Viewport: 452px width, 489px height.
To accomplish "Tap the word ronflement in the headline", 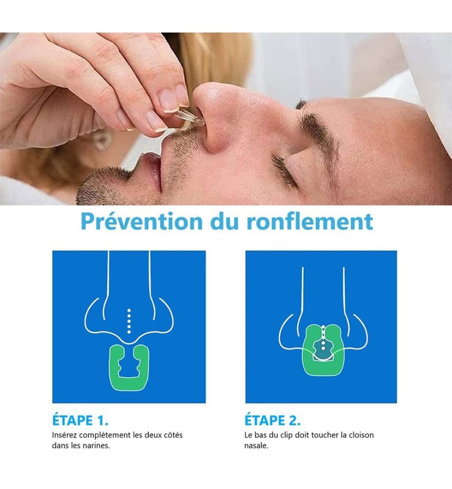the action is tap(310, 222).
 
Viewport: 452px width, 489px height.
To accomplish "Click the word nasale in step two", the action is tap(256, 445).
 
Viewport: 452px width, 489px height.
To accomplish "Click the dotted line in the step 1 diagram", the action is tap(129, 321).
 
